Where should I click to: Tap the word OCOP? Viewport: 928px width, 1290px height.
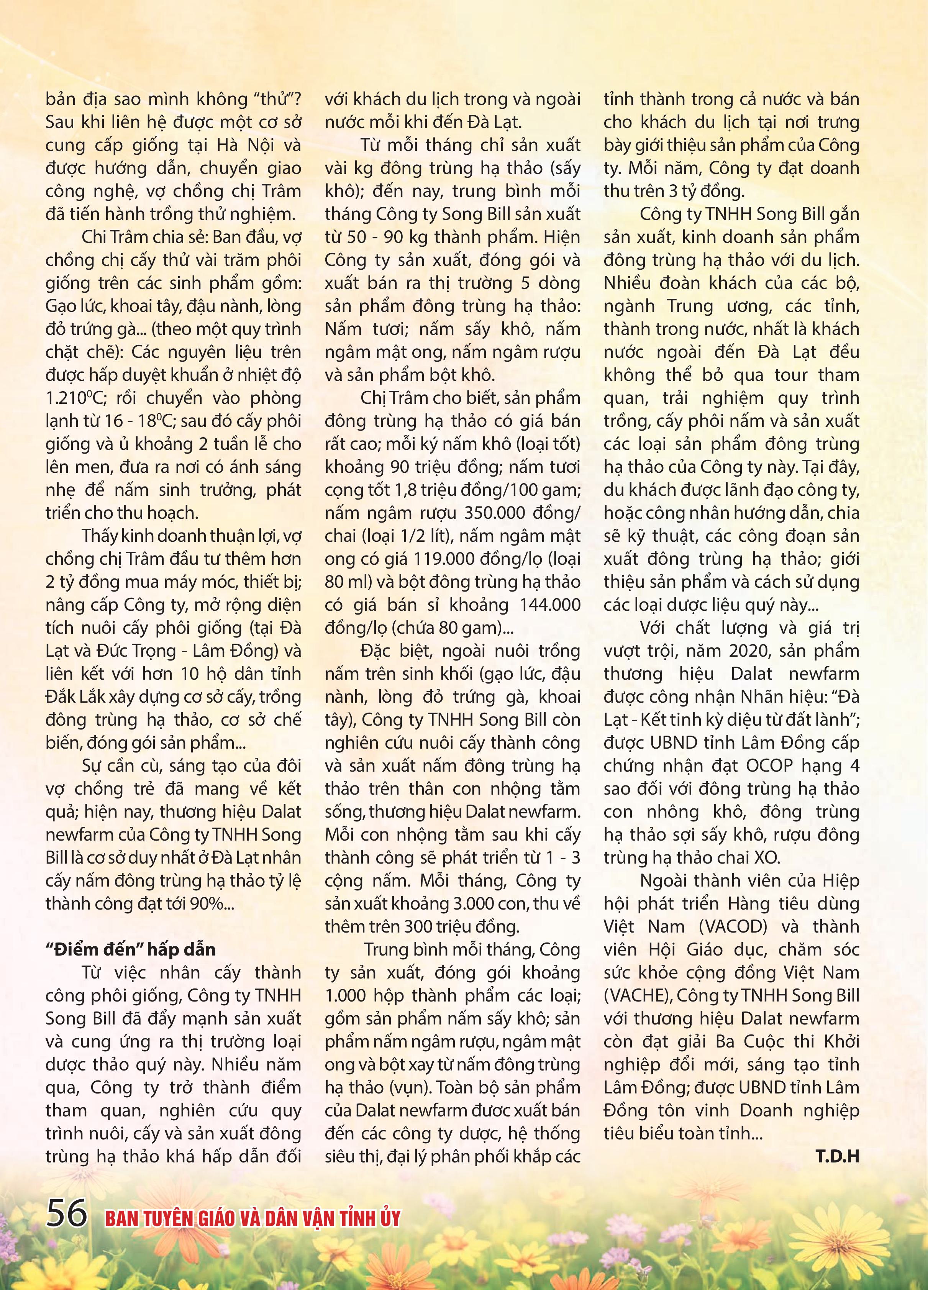768,765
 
